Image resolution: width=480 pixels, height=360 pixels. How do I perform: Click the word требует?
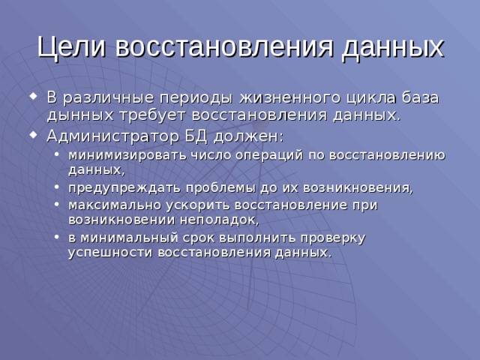tap(147, 116)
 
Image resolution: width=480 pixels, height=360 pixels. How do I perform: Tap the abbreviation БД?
tap(198, 136)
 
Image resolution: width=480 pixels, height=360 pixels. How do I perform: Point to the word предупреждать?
tap(115, 187)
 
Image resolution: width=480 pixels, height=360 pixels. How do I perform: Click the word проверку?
tap(328, 238)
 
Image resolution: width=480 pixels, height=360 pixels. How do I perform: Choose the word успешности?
tap(110, 253)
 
